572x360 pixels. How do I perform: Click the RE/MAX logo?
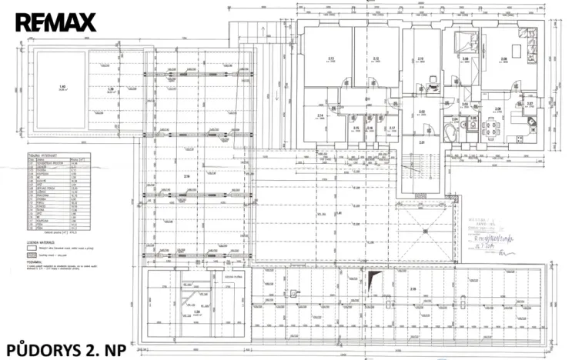(x=55, y=22)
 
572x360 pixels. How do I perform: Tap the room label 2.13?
(x=330, y=58)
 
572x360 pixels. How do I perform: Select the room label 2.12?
(x=376, y=58)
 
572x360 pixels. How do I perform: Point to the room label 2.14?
(x=319, y=116)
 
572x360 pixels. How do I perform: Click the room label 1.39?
(x=111, y=88)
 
